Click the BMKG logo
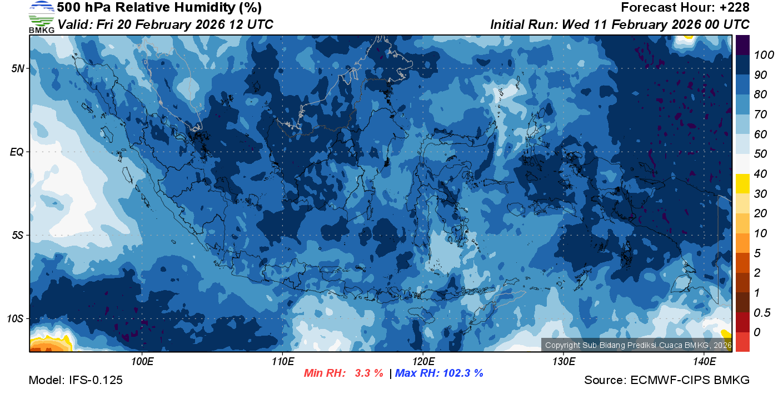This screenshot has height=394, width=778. coord(41,17)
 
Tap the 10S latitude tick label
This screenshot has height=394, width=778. coord(15,318)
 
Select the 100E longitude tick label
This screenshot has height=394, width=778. coord(142,362)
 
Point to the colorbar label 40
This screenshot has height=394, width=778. coord(760,174)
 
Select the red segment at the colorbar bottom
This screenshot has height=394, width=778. coord(742,342)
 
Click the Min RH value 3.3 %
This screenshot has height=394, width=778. coord(369,373)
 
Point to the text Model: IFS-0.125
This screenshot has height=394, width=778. coord(76,381)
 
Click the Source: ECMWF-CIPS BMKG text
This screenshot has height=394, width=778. coord(667,381)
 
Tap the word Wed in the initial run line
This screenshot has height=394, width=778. coord(575,25)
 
